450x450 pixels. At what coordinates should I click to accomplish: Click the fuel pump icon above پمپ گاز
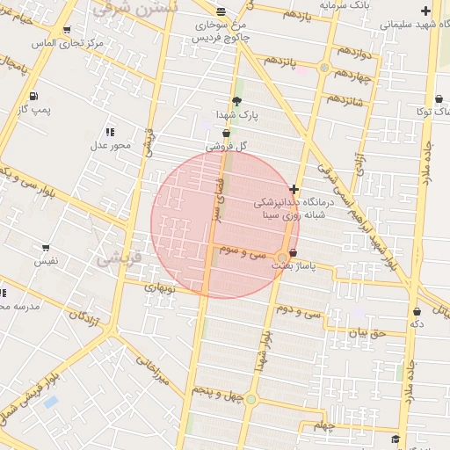pos(33,96)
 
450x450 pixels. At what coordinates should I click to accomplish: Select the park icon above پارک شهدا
pos(236,100)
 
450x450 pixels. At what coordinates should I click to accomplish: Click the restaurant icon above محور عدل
pos(110,131)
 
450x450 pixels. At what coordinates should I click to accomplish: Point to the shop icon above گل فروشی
pos(227,133)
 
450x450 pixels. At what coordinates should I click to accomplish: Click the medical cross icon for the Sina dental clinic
pos(294,189)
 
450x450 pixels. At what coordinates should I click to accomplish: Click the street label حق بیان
pos(367,333)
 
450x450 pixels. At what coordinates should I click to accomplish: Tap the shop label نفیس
pos(46,261)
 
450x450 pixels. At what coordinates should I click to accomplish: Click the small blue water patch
pos(50,402)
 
